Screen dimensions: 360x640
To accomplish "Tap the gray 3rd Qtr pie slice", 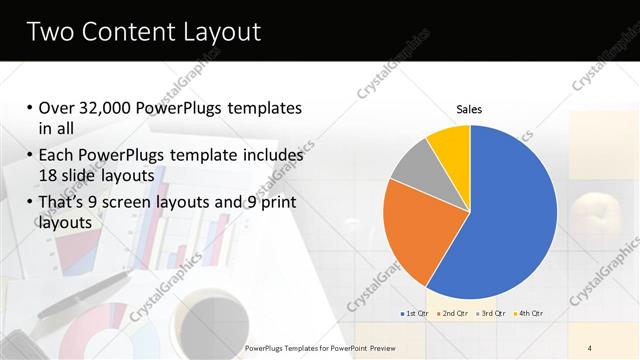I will [x=411, y=164].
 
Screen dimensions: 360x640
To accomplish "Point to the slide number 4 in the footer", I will [x=590, y=348].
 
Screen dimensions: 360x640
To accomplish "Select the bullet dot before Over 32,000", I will [x=28, y=108].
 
